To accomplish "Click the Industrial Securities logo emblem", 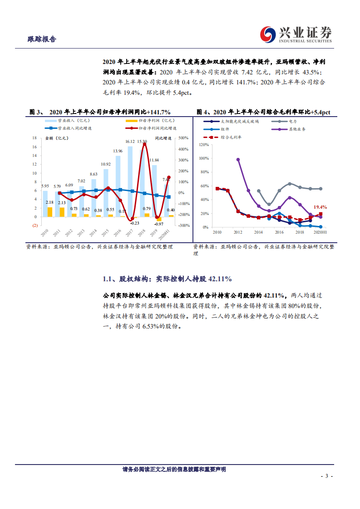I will tap(267, 34).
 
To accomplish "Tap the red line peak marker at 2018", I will tap(144, 144).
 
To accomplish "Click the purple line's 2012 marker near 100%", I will tap(238, 159).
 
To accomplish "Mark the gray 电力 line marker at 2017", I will tap(290, 184).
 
